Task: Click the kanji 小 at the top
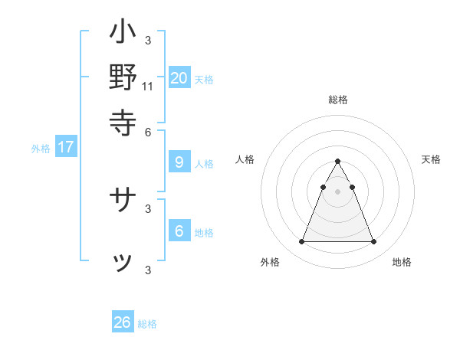(123, 34)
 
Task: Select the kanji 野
(123, 77)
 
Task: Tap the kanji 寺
(123, 121)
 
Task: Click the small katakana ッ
(123, 263)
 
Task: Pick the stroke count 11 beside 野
(148, 86)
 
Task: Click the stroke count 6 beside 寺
(148, 131)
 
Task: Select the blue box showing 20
(179, 77)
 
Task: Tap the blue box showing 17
(66, 147)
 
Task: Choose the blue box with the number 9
(179, 162)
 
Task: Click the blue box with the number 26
(123, 322)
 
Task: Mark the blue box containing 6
(179, 231)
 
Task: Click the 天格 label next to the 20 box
(204, 80)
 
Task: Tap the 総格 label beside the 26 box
(147, 325)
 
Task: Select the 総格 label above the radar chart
(338, 100)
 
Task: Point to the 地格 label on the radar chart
(402, 262)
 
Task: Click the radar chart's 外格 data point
(301, 242)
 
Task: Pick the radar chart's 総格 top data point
(337, 162)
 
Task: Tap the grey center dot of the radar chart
(337, 191)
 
